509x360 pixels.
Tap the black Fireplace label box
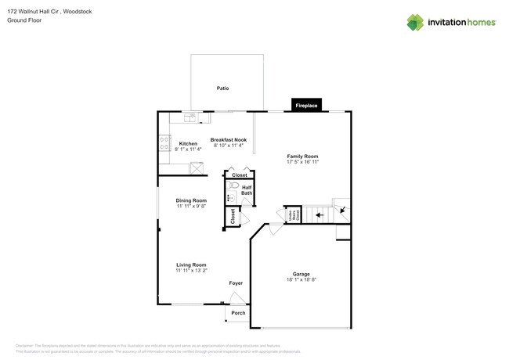click(305, 105)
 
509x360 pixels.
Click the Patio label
click(223, 88)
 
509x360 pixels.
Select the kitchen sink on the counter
click(190, 117)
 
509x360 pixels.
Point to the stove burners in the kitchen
click(164, 143)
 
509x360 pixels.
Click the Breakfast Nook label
click(228, 139)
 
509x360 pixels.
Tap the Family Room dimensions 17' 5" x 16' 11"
click(301, 163)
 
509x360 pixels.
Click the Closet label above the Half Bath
click(239, 175)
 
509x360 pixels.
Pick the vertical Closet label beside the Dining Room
click(233, 217)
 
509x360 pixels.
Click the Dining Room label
click(191, 200)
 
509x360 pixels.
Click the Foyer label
click(236, 283)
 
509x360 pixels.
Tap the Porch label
click(237, 313)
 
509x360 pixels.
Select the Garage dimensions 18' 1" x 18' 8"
click(301, 279)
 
